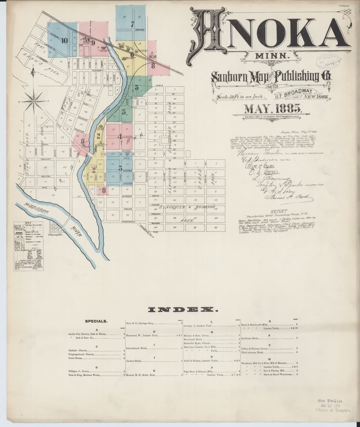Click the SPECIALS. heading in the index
point(96,321)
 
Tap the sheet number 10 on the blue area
point(64,40)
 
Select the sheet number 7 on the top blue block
point(132,25)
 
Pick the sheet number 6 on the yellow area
point(132,55)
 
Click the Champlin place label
point(55,235)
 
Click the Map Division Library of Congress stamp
point(333,405)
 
